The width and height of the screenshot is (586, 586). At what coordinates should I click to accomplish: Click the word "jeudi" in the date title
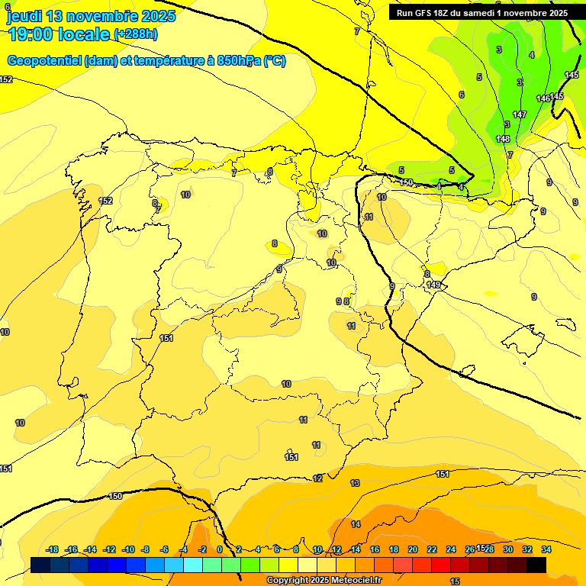tap(24, 16)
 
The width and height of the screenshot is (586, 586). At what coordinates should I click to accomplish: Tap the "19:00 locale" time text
tap(58, 34)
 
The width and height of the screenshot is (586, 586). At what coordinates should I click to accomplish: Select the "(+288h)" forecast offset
tap(135, 34)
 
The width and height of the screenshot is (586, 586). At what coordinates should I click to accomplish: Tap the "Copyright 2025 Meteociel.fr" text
tap(324, 581)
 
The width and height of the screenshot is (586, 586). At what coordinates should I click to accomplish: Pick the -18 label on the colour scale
tap(52, 549)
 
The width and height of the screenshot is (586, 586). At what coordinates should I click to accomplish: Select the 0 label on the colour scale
tap(220, 549)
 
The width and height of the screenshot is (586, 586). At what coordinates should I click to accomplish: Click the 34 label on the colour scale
tap(546, 549)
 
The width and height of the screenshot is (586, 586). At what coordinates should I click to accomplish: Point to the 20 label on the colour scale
tap(413, 549)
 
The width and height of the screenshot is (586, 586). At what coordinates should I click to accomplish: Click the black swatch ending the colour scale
tap(536, 565)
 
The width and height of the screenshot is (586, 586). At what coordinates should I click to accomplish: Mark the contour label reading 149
tap(433, 285)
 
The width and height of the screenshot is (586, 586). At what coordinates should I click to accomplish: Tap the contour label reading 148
tap(502, 139)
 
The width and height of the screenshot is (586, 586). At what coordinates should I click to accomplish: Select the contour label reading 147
tap(520, 114)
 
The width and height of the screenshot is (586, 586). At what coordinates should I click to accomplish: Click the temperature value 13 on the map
tap(355, 483)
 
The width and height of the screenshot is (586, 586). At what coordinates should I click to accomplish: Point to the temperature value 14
tap(356, 524)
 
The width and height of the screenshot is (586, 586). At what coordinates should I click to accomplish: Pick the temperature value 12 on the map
tap(317, 478)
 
